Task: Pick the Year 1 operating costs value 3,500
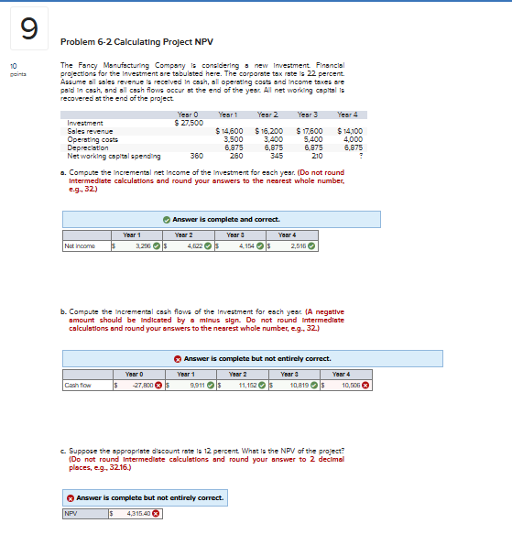[x=233, y=138]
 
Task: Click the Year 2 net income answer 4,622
[x=194, y=245]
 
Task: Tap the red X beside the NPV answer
[x=157, y=512]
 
